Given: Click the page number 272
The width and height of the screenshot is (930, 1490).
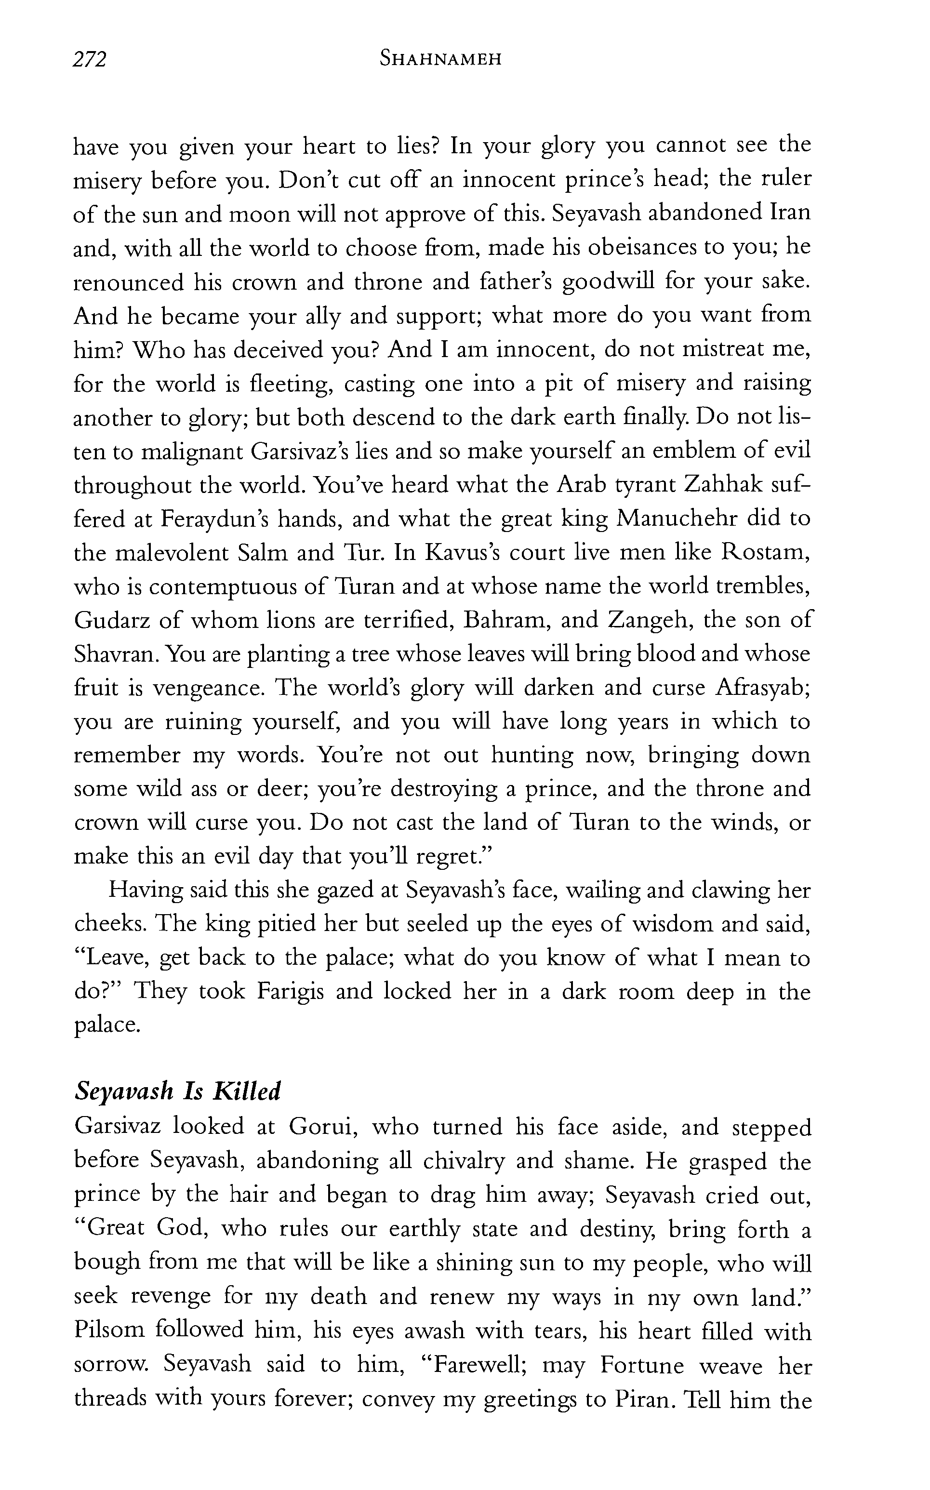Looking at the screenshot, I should [x=90, y=60].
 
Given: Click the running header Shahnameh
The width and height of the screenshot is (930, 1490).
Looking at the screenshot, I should [x=440, y=59].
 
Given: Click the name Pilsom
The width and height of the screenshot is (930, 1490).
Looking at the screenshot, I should [x=109, y=1330].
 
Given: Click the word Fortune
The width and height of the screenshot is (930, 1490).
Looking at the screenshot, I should [x=642, y=1364].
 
